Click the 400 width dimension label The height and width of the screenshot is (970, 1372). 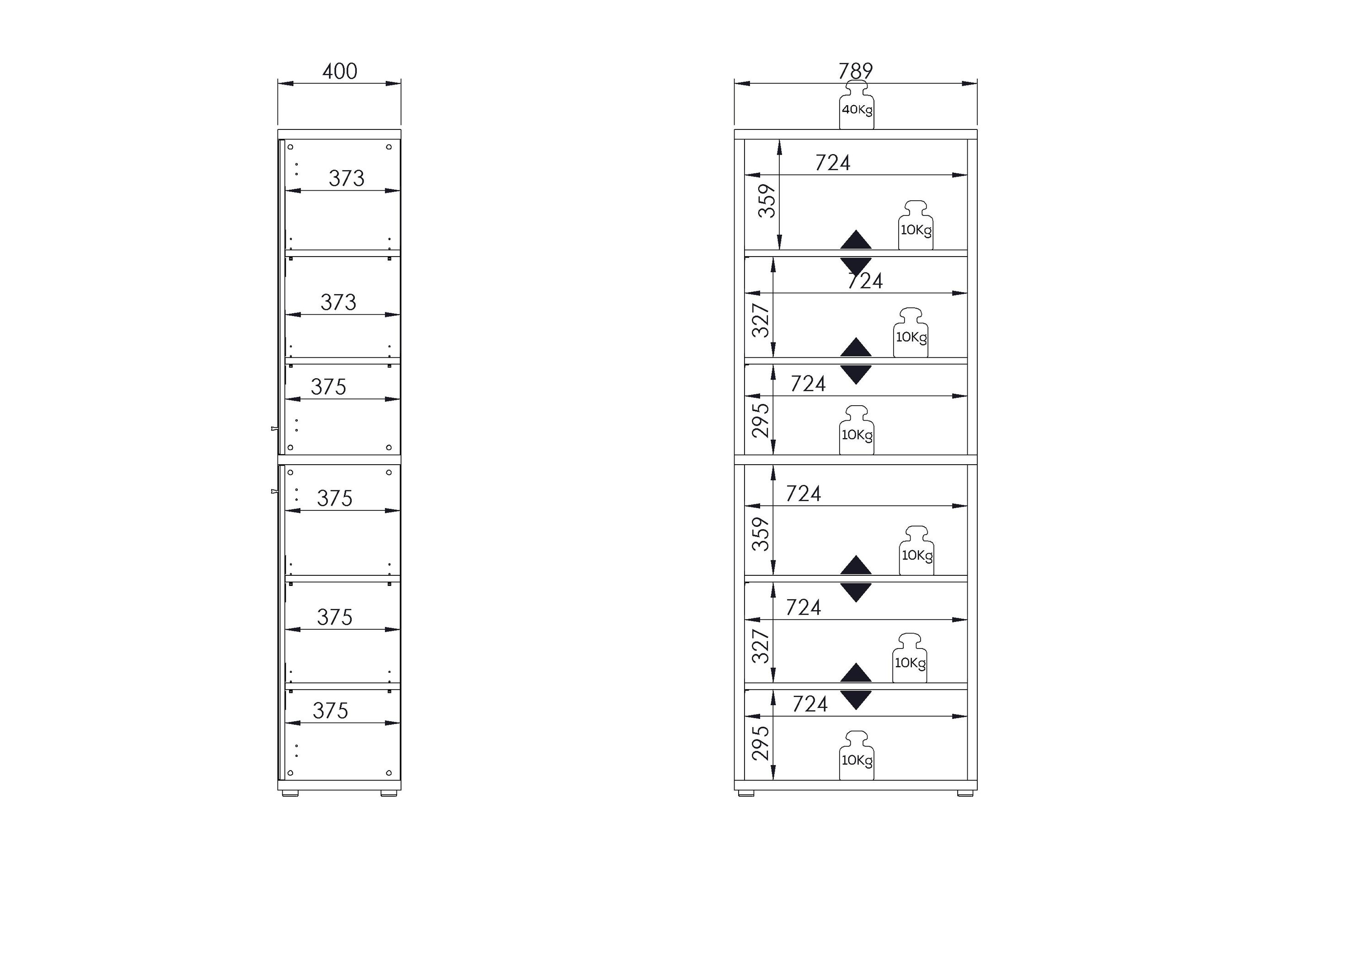tap(339, 72)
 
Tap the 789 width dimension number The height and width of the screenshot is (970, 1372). tap(855, 71)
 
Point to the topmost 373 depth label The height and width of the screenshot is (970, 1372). tap(346, 178)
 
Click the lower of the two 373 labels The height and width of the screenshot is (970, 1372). tap(338, 302)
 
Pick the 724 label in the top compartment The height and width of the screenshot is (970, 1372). tap(832, 162)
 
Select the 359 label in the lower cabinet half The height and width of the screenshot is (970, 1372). tap(760, 534)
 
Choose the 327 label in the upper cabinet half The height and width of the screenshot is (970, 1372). tap(760, 320)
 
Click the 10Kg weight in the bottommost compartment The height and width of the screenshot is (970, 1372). tap(856, 756)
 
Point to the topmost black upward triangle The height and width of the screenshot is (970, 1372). tap(856, 239)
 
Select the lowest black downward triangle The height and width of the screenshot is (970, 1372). tap(856, 700)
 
